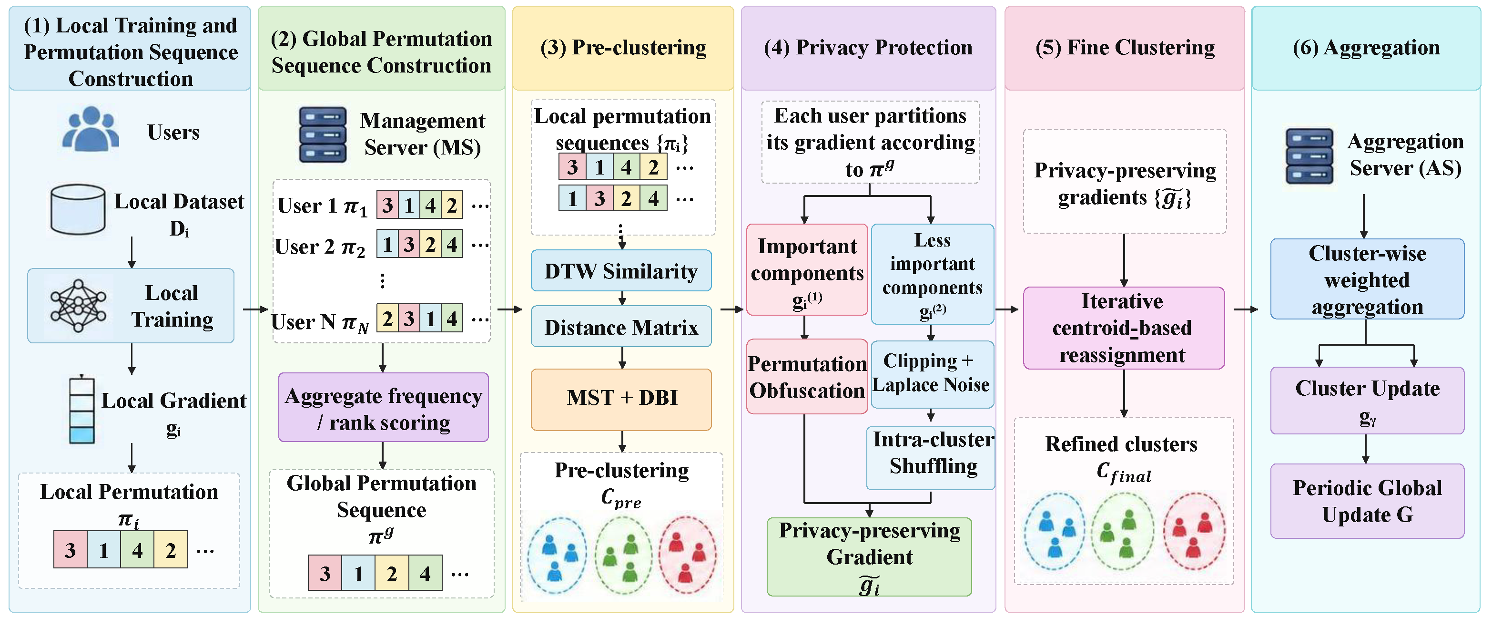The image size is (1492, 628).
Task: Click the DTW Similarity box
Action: coord(621,270)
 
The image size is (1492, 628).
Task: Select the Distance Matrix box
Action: coord(621,327)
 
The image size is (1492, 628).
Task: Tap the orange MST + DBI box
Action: coord(621,399)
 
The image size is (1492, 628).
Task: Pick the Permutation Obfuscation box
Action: coord(807,377)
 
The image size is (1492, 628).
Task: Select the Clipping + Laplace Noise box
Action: coord(932,374)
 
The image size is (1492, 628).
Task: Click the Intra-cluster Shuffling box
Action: coord(931,458)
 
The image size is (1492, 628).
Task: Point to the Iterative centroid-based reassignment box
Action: coord(1124,328)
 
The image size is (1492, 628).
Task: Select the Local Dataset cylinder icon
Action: coord(78,209)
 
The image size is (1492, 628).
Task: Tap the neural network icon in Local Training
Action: coord(78,305)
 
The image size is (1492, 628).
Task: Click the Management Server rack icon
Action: coord(323,134)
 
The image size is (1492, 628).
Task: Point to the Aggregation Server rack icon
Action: coord(1309,156)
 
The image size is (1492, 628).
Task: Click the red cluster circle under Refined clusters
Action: coord(1194,531)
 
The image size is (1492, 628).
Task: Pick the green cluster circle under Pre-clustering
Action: coord(623,555)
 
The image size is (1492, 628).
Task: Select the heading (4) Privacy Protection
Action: coord(868,47)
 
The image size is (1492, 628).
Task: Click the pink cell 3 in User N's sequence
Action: coord(409,318)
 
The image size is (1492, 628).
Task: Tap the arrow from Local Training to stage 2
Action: coord(255,309)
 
